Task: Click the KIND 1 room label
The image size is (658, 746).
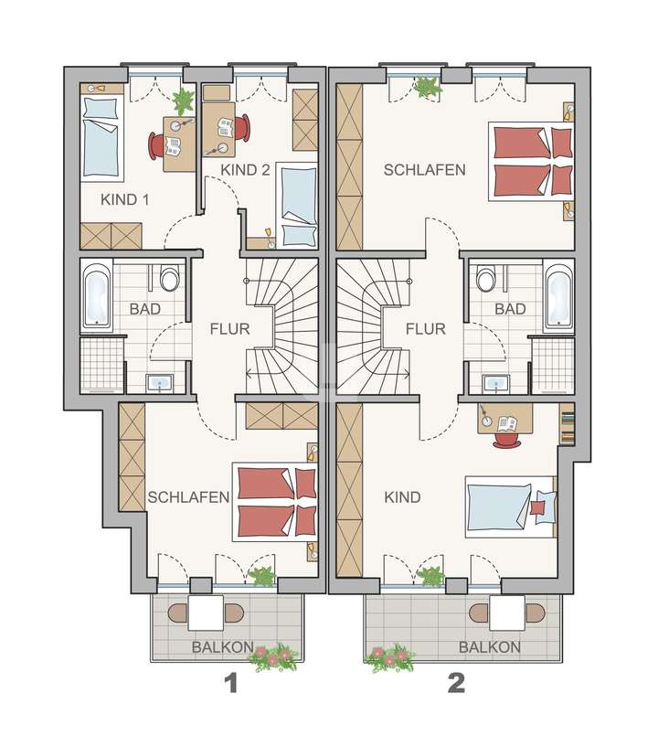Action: point(126,199)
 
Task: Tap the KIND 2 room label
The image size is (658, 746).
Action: point(246,170)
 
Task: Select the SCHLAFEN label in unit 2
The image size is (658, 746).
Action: point(425,170)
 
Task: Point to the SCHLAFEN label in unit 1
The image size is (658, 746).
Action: point(188,497)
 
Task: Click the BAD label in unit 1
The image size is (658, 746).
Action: point(144,309)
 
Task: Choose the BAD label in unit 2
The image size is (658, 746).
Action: point(510,309)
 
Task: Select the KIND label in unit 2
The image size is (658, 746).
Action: point(402,497)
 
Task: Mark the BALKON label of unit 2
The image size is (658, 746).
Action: point(491,647)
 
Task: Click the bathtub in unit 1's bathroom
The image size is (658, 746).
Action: point(96,296)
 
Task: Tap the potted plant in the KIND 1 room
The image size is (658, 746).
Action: point(183,101)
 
